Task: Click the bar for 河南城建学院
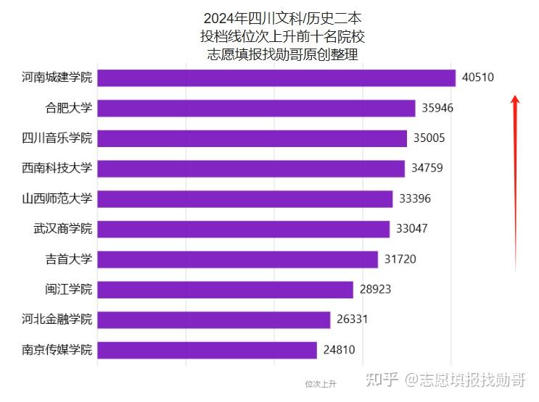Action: pos(276,78)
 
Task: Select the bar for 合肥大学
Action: pos(256,108)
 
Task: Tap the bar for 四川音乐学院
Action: pos(252,138)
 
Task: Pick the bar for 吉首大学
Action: pos(237,259)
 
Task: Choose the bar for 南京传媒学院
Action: pos(207,351)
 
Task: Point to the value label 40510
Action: pos(477,78)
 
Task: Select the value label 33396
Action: pos(414,198)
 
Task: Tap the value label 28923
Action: pos(375,290)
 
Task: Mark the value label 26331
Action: pos(352,320)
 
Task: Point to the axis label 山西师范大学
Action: pos(57,198)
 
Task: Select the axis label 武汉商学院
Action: pos(63,229)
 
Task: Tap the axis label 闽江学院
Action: pos(69,290)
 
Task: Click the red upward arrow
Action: pos(515,181)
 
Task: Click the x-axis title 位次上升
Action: pos(320,383)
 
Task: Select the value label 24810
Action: pos(339,351)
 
